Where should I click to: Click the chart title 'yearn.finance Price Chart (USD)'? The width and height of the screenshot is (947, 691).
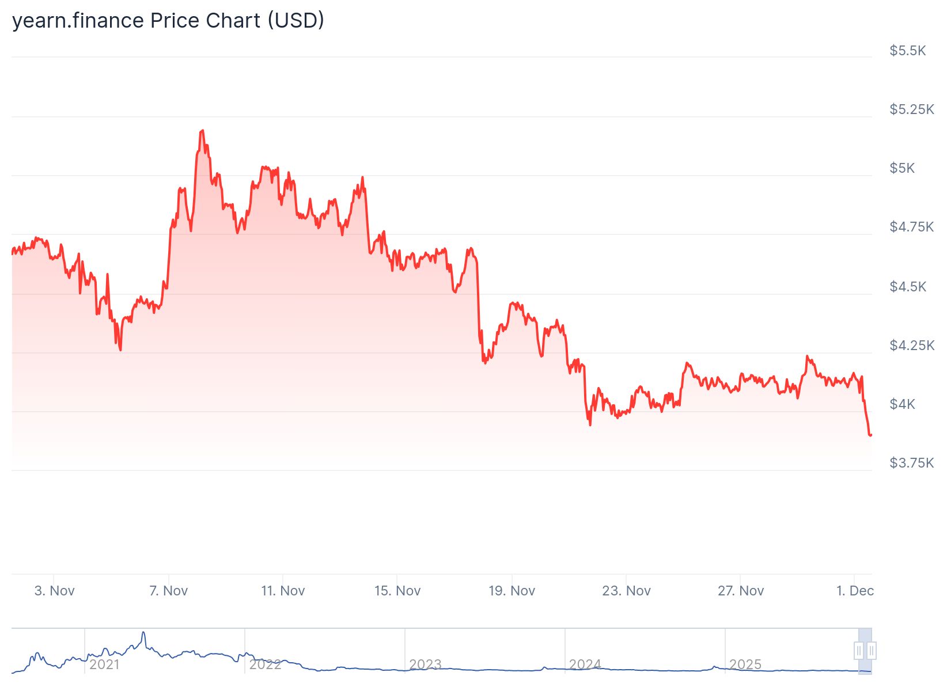[168, 21]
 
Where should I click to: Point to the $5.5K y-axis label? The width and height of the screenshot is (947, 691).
[907, 51]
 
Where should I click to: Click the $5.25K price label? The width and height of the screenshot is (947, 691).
[911, 109]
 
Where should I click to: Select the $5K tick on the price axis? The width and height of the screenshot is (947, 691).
[902, 168]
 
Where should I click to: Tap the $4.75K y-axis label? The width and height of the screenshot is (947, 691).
[911, 227]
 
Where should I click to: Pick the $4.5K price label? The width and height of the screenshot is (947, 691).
[908, 287]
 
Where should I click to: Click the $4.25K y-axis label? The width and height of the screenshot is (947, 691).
[911, 345]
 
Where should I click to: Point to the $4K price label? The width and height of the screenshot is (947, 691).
[902, 404]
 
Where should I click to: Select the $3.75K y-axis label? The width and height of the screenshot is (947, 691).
[911, 463]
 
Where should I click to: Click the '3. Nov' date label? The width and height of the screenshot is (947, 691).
[54, 591]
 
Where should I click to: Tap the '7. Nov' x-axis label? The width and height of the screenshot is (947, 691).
[168, 591]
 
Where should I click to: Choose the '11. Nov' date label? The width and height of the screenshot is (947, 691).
[283, 591]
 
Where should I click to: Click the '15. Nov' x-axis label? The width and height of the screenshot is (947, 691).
[397, 591]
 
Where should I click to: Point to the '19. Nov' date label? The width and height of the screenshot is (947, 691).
[512, 591]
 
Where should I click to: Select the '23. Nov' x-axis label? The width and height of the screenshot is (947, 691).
[626, 591]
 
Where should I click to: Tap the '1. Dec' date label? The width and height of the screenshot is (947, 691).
[855, 591]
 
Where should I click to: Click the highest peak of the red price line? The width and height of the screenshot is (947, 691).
[202, 131]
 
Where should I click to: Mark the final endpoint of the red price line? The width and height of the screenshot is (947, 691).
[870, 435]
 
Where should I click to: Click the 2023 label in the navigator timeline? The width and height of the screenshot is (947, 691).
[425, 665]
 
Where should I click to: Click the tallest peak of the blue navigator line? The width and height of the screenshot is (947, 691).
[143, 632]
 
